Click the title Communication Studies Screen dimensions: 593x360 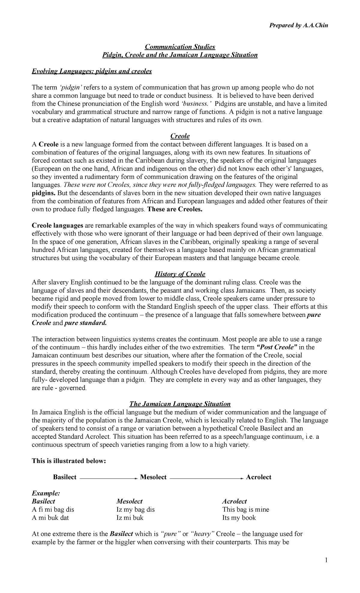tap(180, 47)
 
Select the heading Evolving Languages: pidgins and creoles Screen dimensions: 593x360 tap(92, 71)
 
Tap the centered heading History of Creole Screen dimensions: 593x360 tap(180, 274)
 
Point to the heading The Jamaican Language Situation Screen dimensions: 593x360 tap(180, 404)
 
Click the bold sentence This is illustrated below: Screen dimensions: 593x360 tap(69, 461)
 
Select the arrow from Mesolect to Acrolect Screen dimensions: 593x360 tap(206, 478)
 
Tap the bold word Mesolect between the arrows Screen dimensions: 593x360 tap(153, 477)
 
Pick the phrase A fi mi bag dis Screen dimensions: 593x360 tap(53, 509)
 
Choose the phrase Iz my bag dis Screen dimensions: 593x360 tap(135, 509)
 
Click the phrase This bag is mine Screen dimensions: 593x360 tap(245, 509)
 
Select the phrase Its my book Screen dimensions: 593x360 tap(239, 517)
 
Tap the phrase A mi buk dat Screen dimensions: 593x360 tap(50, 517)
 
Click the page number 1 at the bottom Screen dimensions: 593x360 tap(326, 560)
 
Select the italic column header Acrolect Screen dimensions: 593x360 tap(234, 501)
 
